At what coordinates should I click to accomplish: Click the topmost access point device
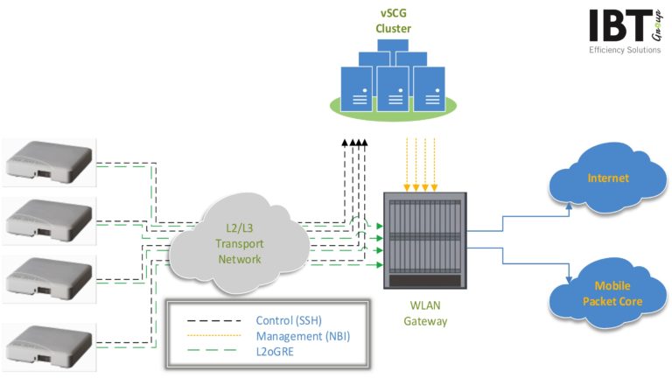(49, 162)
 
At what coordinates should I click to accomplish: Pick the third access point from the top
(49, 280)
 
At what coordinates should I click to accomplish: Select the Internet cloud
(607, 178)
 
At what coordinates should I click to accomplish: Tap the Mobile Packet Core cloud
(607, 293)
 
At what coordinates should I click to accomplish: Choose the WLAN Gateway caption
(425, 314)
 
